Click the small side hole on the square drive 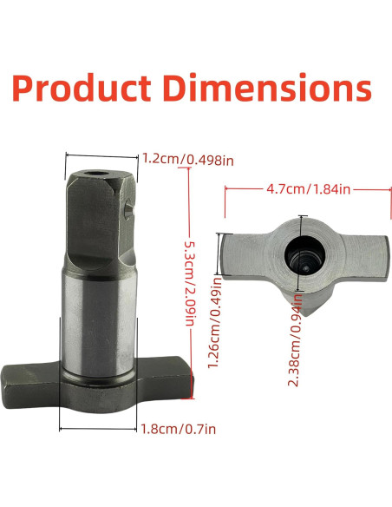[130, 208]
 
